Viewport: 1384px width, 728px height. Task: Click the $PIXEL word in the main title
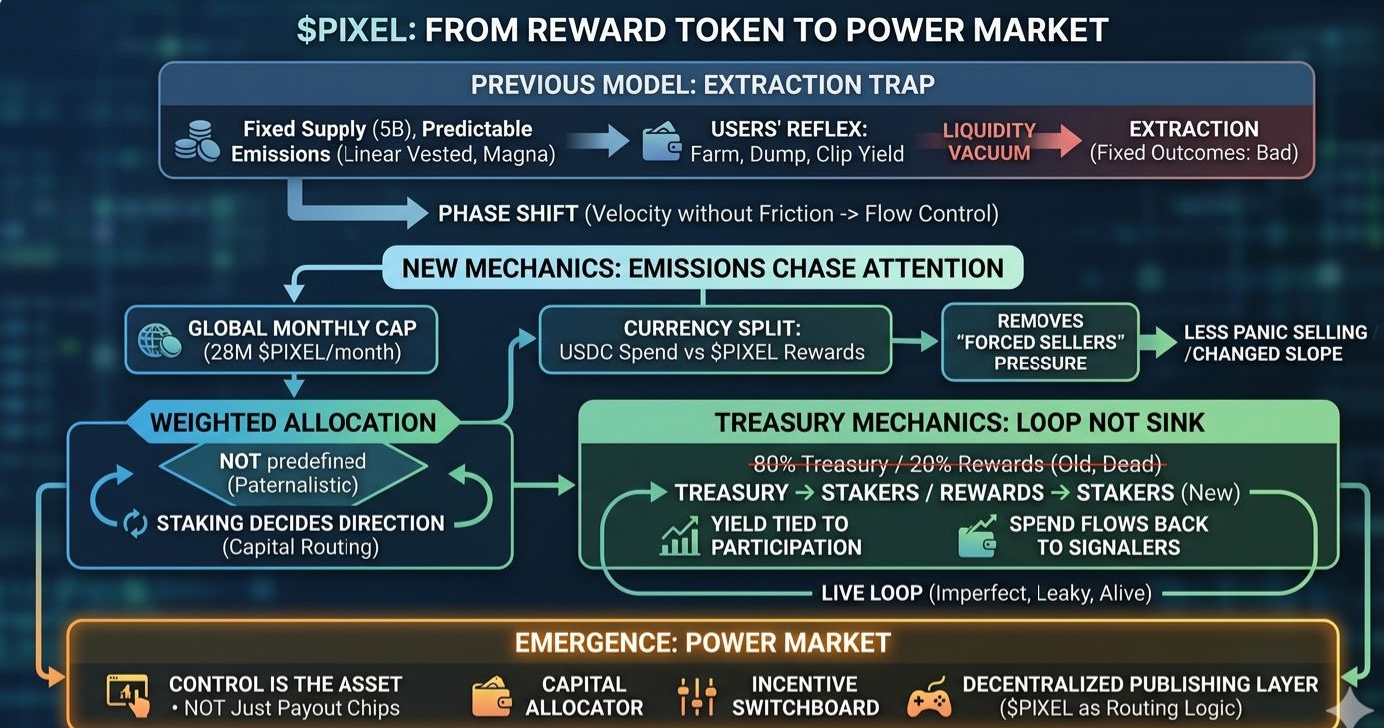tap(355, 29)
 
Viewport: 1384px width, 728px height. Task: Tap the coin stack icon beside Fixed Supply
tap(197, 142)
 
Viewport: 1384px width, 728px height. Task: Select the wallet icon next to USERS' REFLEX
tap(661, 142)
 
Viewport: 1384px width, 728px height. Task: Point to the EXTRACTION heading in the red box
tap(1193, 129)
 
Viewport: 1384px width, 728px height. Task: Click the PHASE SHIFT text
tap(508, 213)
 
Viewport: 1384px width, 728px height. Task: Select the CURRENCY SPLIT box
tap(714, 340)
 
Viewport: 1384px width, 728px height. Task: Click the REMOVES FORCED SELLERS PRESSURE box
tap(1039, 342)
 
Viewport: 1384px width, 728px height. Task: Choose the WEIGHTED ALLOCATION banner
tap(293, 422)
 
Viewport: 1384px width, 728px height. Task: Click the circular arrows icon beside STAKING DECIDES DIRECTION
tap(135, 524)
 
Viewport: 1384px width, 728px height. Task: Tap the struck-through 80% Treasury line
tap(958, 464)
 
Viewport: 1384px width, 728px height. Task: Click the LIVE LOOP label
tap(871, 593)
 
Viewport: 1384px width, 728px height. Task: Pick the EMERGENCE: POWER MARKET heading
tap(702, 642)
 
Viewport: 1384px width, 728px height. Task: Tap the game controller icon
tap(929, 698)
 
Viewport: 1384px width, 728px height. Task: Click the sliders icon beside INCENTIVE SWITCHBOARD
tap(696, 696)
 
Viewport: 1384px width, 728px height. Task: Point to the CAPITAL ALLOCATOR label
tap(584, 696)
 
